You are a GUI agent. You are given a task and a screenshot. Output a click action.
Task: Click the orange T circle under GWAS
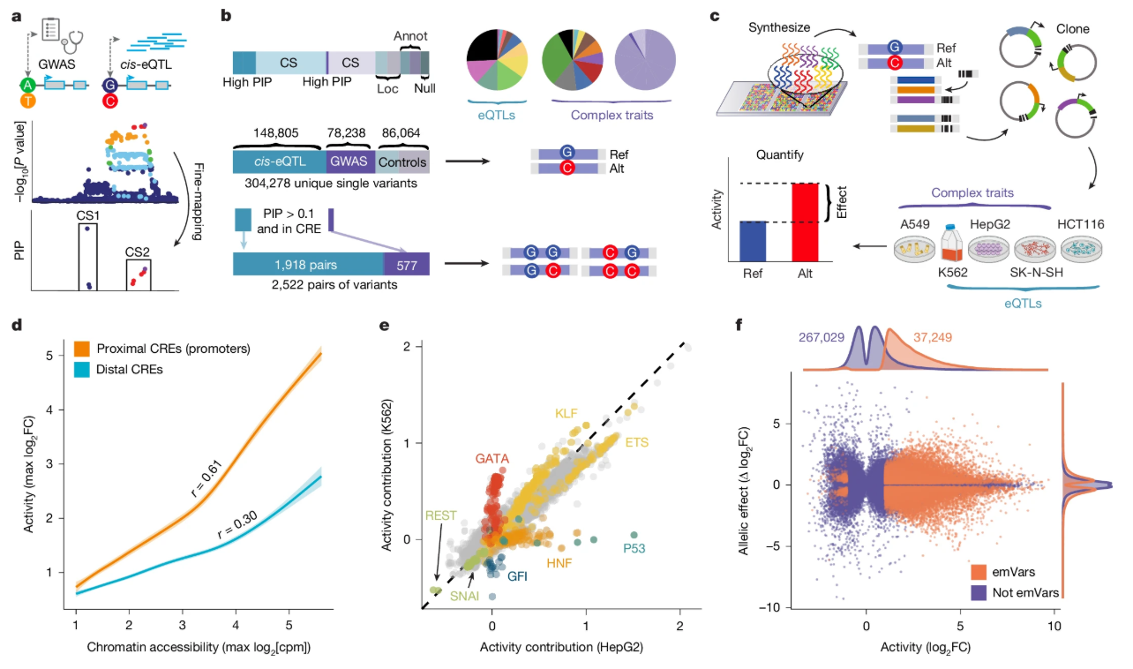coord(28,101)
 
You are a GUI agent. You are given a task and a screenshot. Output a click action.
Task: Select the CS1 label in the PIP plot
coord(88,215)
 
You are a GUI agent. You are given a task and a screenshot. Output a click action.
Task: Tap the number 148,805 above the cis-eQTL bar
coord(275,132)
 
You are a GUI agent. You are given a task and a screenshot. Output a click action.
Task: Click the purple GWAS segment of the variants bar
coord(350,162)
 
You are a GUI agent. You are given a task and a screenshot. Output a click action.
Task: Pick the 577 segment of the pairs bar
coord(407,264)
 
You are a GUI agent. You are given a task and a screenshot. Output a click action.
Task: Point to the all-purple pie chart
coord(645,60)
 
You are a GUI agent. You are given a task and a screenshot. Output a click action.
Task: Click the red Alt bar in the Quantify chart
coord(805,222)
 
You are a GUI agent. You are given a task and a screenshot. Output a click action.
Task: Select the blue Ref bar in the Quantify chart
coord(753,241)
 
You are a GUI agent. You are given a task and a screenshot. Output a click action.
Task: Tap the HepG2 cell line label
coord(989,225)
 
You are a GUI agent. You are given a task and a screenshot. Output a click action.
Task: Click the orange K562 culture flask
coord(951,244)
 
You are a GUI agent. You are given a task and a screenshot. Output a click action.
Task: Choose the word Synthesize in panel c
coord(779,28)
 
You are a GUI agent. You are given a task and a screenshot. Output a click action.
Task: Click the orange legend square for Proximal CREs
coord(81,349)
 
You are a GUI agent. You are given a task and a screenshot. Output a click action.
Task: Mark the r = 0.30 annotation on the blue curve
coord(237,525)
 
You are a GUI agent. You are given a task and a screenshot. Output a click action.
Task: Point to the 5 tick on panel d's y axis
coord(49,356)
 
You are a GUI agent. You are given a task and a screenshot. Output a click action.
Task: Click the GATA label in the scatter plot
coord(491,458)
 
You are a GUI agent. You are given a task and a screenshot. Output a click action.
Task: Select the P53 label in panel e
coord(634,549)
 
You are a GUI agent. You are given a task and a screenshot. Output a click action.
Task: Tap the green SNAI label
coord(464,596)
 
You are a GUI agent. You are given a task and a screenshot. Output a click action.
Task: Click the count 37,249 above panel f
coord(932,337)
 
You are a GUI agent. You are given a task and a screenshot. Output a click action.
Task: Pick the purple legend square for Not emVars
coord(979,592)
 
